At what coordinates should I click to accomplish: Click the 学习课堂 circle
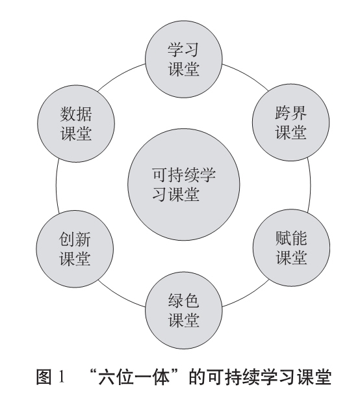point(184,59)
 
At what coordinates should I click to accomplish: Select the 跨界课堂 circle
point(291,122)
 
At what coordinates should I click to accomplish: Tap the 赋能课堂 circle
point(291,247)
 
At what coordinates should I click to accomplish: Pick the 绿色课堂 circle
point(184,310)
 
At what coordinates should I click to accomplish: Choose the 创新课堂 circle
point(75,248)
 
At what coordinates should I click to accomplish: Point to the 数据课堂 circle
point(76,124)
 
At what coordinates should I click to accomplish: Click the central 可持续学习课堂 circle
point(184,185)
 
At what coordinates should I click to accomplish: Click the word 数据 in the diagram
point(76,114)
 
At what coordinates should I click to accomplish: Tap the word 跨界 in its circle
point(291,113)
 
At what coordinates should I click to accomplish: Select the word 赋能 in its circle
point(291,237)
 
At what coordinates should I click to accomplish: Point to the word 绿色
point(184,301)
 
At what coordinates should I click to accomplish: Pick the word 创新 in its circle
point(75,239)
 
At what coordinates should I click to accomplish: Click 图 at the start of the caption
point(44,377)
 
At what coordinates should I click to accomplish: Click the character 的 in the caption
point(197,377)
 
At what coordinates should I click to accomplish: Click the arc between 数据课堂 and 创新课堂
point(56,186)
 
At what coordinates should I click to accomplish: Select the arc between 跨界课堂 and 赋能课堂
point(310,185)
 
